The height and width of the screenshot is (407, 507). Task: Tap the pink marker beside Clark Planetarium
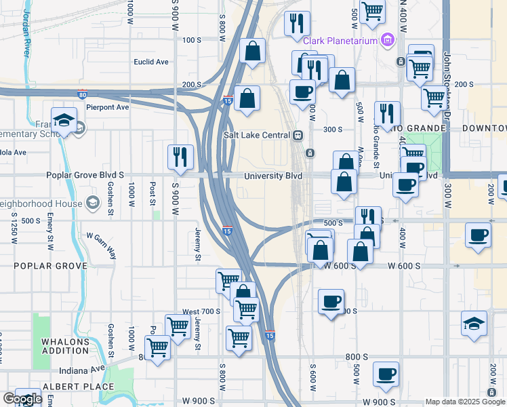tap(388, 41)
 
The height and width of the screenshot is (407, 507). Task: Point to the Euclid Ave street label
tap(151, 62)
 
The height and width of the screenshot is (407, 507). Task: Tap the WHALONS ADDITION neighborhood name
tap(65, 346)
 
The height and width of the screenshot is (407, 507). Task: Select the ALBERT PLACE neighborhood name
tap(69, 386)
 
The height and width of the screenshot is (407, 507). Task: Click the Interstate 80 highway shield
tap(82, 94)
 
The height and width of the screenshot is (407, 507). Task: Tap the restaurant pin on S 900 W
tap(180, 157)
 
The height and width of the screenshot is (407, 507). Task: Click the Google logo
tap(22, 400)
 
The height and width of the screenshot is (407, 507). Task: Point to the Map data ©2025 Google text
tap(465, 402)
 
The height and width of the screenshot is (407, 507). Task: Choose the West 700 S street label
tap(201, 311)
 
